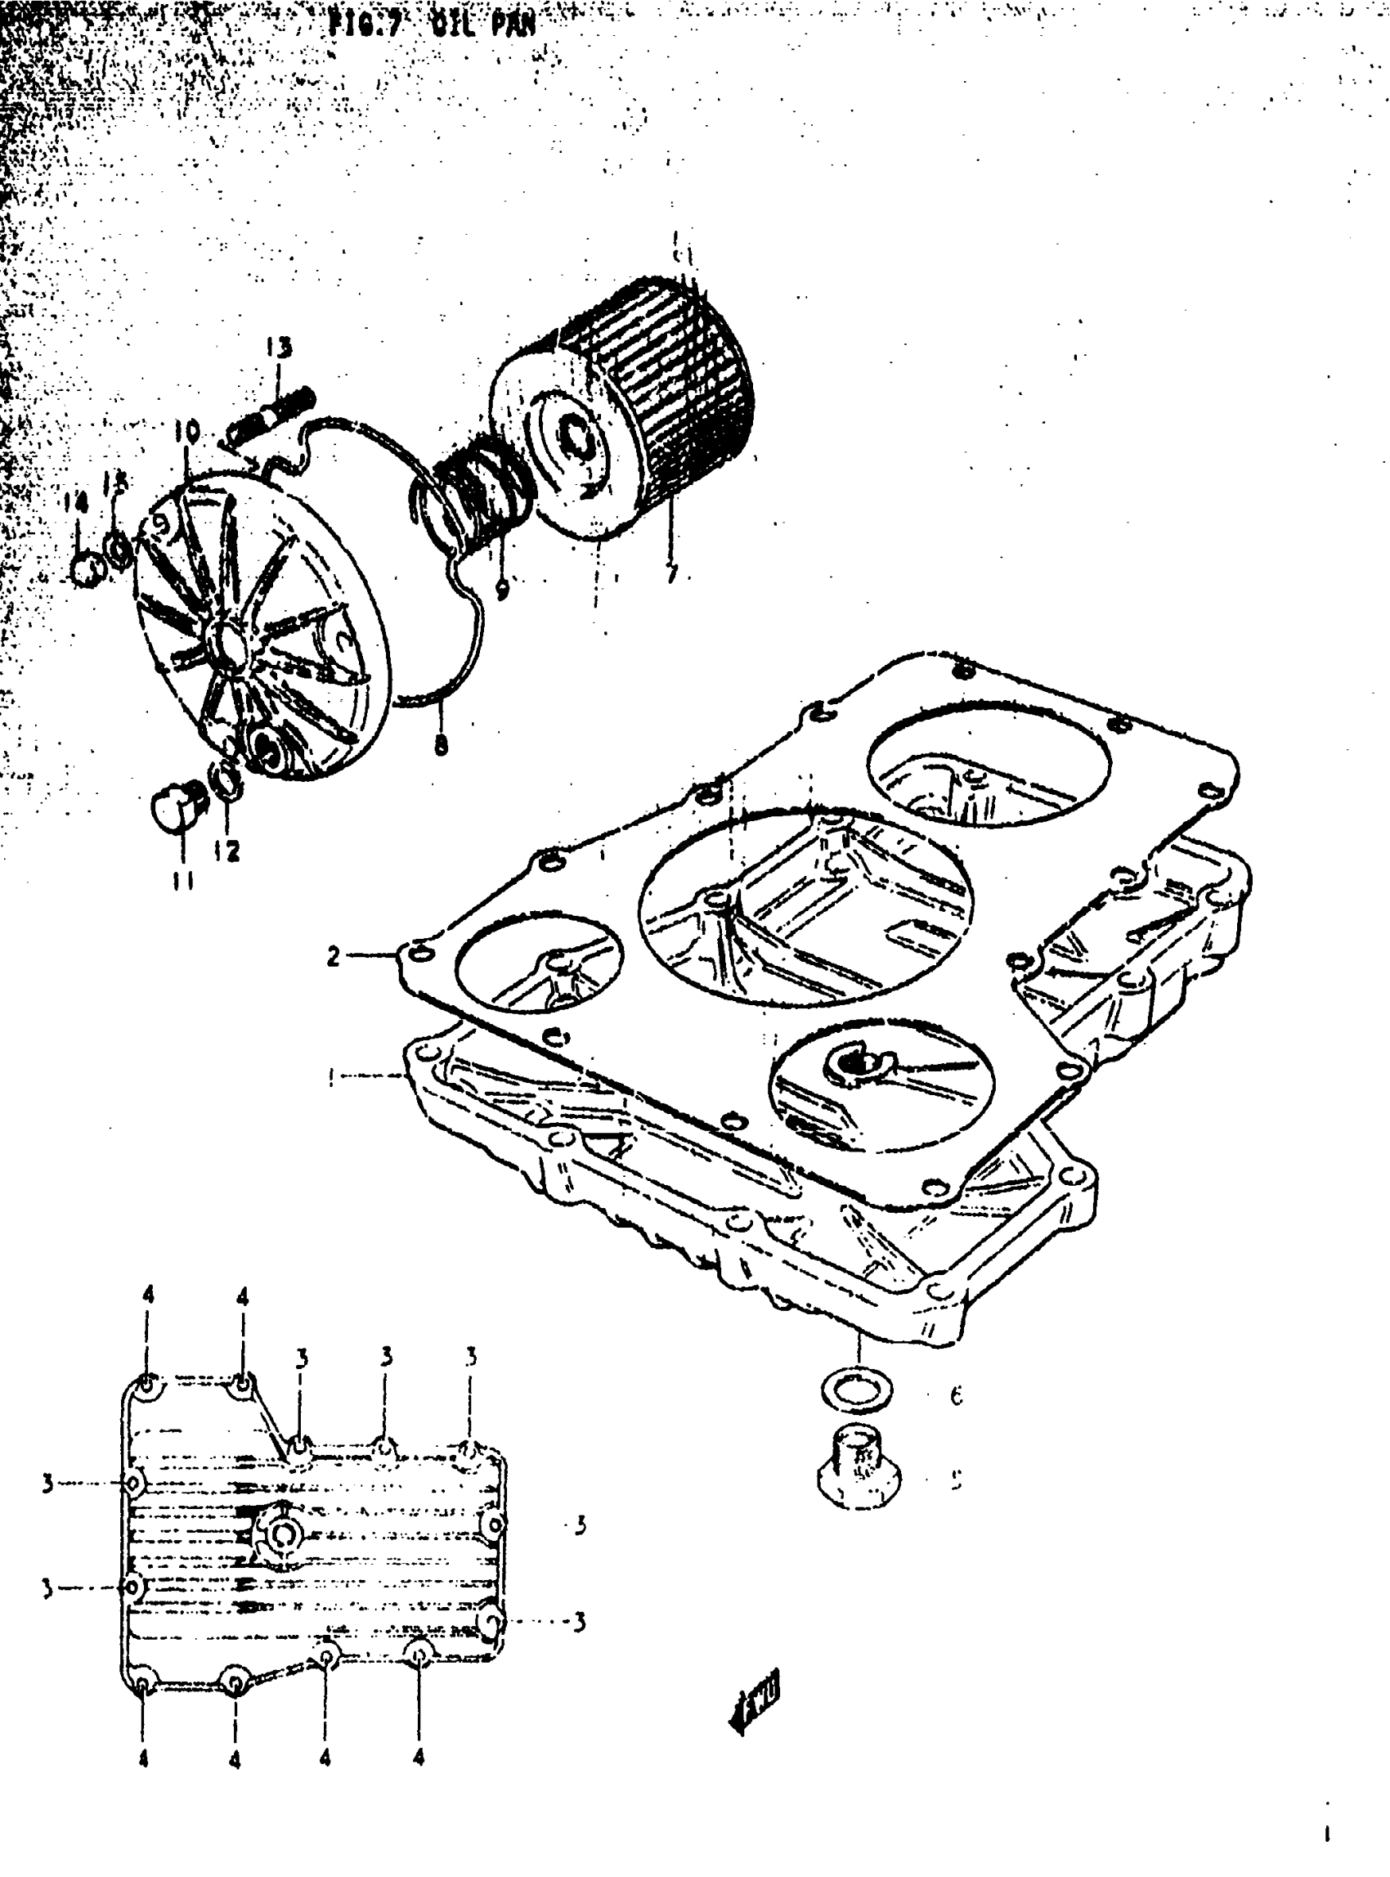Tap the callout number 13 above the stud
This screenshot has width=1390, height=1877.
click(280, 346)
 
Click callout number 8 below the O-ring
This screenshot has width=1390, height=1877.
click(441, 743)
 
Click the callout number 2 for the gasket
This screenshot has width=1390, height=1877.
click(334, 956)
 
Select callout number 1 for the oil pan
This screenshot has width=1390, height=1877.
click(331, 1076)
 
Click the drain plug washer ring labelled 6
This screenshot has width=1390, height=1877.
click(857, 1391)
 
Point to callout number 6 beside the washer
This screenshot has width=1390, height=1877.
click(956, 1395)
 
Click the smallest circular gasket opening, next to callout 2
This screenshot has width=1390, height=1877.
click(540, 959)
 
